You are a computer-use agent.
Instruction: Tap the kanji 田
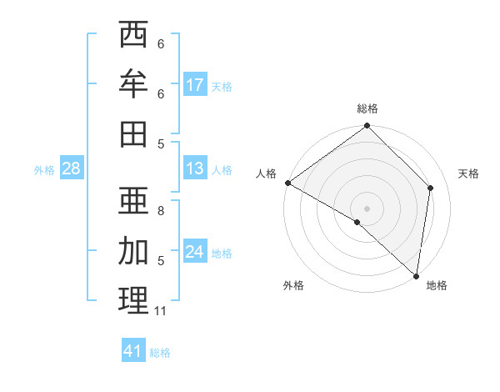[133, 133]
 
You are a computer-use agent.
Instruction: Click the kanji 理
[133, 300]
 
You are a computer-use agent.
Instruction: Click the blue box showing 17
[195, 84]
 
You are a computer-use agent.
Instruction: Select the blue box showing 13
[195, 168]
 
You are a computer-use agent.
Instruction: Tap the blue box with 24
[195, 252]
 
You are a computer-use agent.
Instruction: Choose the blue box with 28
[71, 168]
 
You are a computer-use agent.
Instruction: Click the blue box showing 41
[133, 351]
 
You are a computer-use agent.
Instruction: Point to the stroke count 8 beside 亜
[161, 210]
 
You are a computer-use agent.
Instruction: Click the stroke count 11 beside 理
[161, 311]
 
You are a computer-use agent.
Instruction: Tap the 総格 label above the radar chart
[367, 108]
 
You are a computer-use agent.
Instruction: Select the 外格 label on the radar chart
[293, 285]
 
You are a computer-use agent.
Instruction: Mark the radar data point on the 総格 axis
[367, 127]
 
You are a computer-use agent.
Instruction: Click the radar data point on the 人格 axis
[287, 183]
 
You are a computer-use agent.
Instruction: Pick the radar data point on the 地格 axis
[417, 275]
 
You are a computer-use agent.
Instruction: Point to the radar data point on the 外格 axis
[357, 222]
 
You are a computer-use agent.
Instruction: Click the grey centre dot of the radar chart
[367, 208]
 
